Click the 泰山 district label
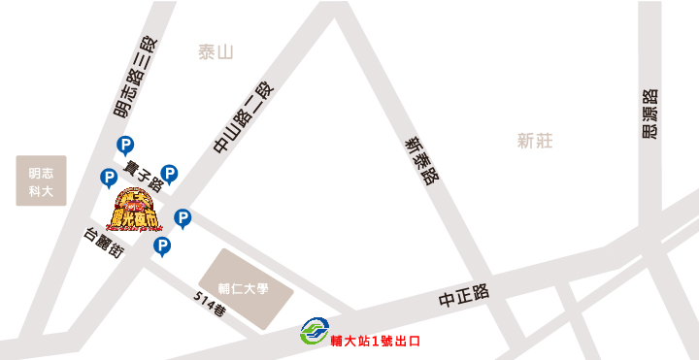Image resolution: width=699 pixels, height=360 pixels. click(x=216, y=52)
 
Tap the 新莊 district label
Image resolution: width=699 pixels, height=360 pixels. click(x=535, y=141)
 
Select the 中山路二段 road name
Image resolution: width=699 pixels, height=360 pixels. click(x=244, y=119)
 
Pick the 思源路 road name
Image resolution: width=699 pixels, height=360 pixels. click(x=650, y=115)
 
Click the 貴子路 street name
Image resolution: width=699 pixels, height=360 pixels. click(x=143, y=180)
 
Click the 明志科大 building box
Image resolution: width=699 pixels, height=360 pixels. click(x=41, y=180)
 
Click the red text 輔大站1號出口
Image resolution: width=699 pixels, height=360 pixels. click(x=376, y=342)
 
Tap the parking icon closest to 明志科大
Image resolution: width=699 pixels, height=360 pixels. click(x=109, y=178)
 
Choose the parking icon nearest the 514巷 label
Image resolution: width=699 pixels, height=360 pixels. click(x=162, y=246)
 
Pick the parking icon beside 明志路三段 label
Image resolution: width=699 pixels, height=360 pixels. click(x=125, y=146)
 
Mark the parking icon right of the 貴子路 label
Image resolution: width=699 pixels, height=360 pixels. click(x=169, y=174)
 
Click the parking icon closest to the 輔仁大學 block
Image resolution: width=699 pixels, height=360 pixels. click(x=182, y=218)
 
